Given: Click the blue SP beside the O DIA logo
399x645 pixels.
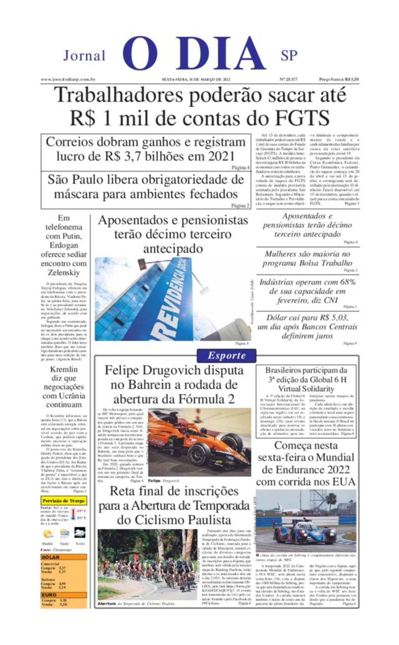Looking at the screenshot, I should coord(289,56).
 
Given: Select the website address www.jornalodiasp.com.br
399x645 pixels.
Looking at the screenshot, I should coord(68,79).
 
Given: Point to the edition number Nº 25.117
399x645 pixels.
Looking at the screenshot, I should coord(288,79).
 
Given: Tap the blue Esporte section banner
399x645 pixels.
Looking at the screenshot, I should coord(226,355).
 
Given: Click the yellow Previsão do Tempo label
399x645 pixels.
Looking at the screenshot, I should coord(64,500).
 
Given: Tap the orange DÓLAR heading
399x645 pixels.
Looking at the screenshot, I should coord(50,557).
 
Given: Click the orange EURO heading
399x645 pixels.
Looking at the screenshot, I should coord(49,595).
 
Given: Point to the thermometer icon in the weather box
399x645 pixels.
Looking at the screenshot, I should coord(73,515).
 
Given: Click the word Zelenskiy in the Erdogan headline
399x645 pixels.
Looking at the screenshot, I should coord(64,272).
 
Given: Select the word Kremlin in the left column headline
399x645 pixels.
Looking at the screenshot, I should coord(64,369).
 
